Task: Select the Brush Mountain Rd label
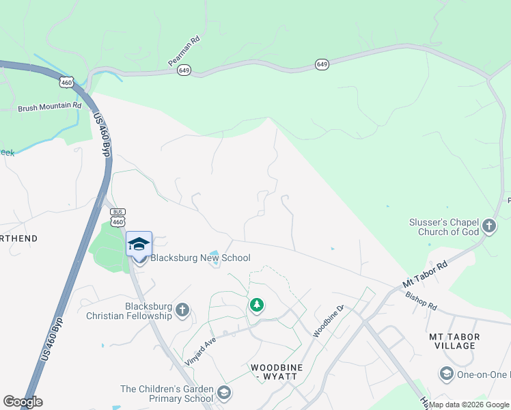pos(49,107)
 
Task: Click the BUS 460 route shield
pos(118,218)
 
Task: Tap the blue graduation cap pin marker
pos(139,244)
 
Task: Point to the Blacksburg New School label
pos(200,258)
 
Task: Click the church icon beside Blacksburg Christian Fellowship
pos(182,310)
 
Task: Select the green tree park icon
pos(257,305)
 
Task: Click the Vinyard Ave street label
pos(200,351)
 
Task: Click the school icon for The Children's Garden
pos(224,393)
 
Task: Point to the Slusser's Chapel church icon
pos(489,225)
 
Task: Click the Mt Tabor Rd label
pos(424,273)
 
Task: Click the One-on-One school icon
pos(447,373)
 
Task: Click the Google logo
pos(23,402)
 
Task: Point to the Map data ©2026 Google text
pos(469,405)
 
